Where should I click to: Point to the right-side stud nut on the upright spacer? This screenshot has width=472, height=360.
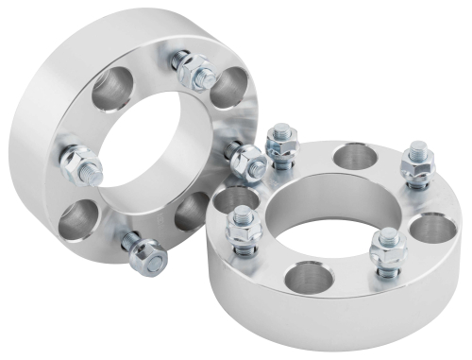point(247,163)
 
